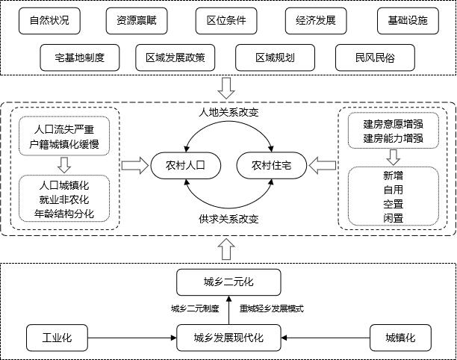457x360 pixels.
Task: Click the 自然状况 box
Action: [x=49, y=20]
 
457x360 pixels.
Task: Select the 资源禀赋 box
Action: [x=136, y=20]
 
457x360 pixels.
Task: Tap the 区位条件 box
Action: [x=226, y=20]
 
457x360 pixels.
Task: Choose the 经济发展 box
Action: [x=316, y=20]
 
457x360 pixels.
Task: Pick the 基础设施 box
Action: [x=403, y=20]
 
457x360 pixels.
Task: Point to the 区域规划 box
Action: [x=275, y=56]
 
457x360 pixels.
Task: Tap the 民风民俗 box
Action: [x=366, y=56]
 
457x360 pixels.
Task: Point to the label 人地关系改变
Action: [x=228, y=113]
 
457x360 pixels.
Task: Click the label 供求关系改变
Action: [x=228, y=220]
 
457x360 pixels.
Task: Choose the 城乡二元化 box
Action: [x=228, y=282]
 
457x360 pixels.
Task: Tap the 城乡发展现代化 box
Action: [x=228, y=337]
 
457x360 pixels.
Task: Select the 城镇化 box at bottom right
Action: [x=400, y=337]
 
